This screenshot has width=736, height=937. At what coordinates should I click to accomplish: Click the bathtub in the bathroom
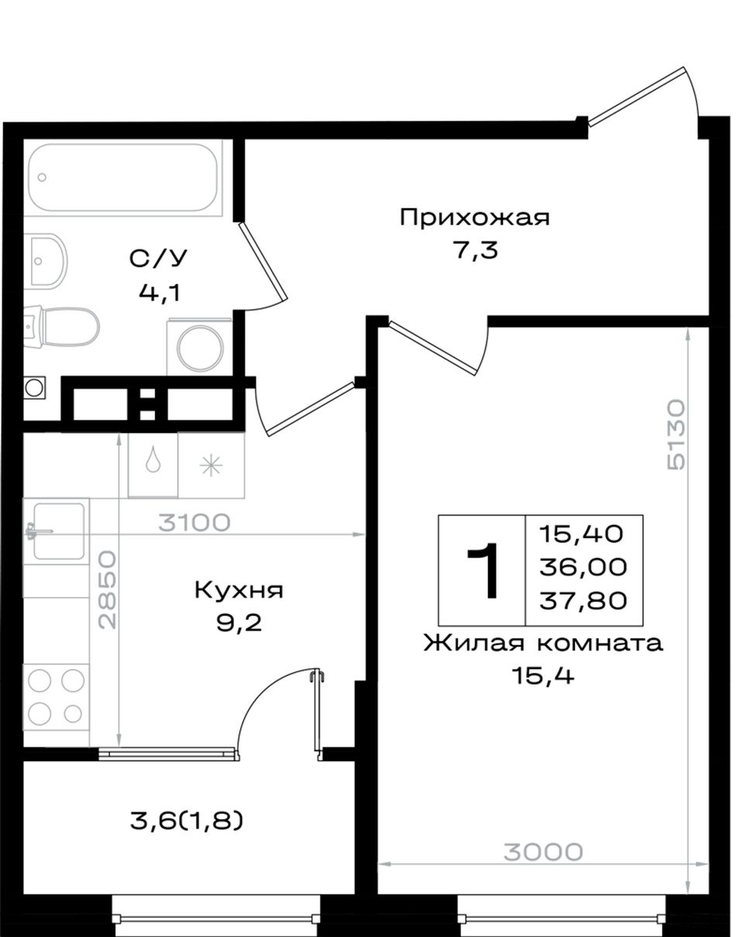[x=123, y=177]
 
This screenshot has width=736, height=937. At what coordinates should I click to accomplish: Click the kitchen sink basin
[x=59, y=532]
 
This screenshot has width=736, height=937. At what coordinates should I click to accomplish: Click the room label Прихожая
[x=475, y=218]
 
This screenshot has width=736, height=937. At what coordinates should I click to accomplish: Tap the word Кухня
[x=239, y=590]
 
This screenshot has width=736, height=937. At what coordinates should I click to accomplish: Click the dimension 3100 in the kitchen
[x=194, y=523]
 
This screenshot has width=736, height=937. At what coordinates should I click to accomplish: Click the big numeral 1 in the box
[x=483, y=571]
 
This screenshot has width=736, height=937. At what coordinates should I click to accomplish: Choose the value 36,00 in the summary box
[x=583, y=567]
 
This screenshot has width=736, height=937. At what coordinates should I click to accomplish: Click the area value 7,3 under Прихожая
[x=475, y=251]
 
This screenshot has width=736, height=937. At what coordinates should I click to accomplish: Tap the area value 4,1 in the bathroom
[x=159, y=294]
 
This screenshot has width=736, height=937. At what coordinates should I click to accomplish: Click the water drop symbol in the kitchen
[x=153, y=461]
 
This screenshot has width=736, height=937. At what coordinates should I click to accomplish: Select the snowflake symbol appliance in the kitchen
[x=211, y=465]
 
